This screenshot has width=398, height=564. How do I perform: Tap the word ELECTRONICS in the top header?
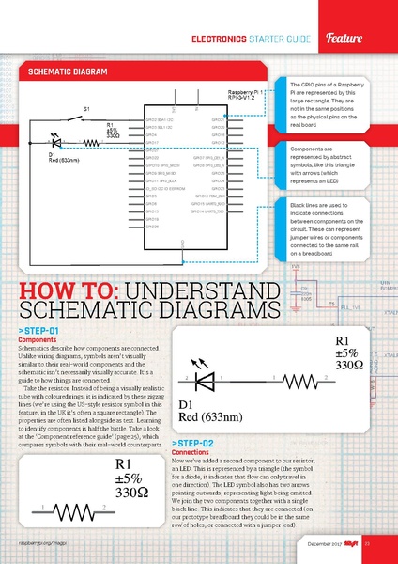[x=220, y=39]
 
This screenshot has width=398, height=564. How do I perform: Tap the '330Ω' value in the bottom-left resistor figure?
[x=134, y=492]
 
